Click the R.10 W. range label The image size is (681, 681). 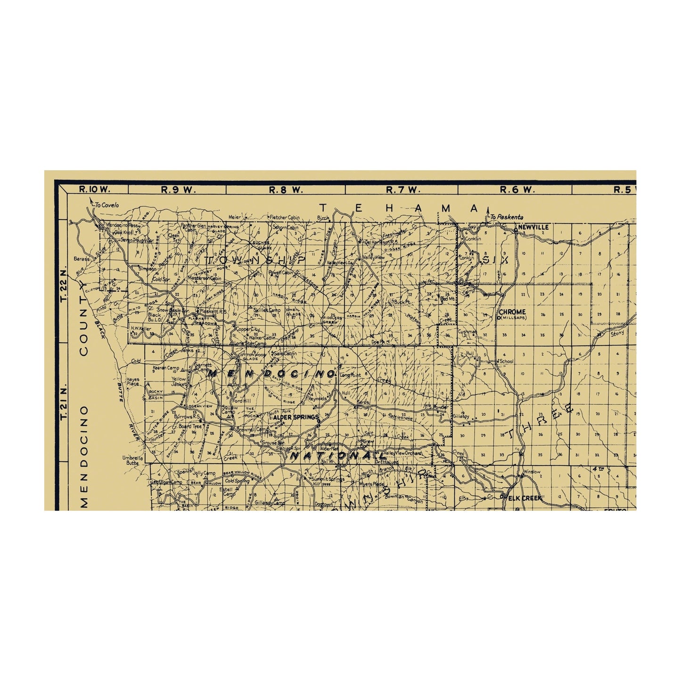click(95, 190)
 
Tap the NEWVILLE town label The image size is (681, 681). click(533, 227)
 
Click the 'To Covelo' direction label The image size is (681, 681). click(107, 205)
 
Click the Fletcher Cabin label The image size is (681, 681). click(285, 217)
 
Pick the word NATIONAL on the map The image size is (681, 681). click(337, 456)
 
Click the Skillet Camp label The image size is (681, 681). click(267, 311)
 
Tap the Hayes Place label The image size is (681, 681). click(132, 381)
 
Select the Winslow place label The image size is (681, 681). click(532, 471)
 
